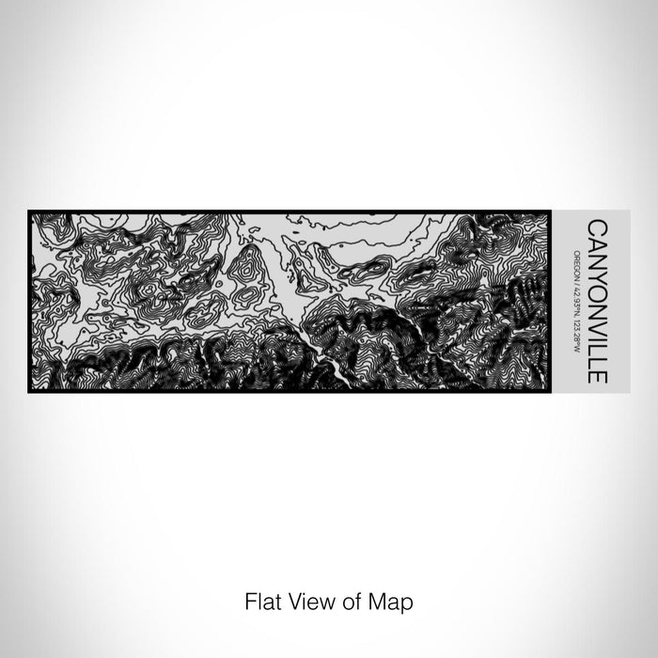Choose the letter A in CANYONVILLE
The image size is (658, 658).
(x=596, y=240)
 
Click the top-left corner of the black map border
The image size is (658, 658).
(x=29, y=211)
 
